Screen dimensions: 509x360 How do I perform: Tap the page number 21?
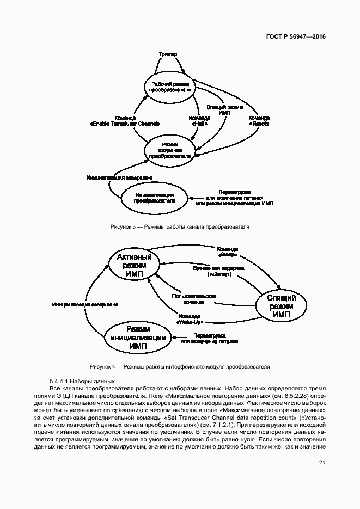tap(322, 463)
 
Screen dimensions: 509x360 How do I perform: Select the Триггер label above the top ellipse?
tap(168, 56)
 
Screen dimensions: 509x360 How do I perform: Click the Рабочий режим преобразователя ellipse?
tap(170, 87)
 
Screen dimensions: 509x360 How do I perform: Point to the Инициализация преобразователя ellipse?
tap(155, 197)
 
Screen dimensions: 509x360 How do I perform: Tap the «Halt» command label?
tap(199, 121)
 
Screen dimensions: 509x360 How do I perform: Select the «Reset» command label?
tap(259, 121)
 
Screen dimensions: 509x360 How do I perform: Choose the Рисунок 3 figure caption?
tap(180, 226)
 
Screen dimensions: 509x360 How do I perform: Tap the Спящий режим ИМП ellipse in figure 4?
tap(281, 306)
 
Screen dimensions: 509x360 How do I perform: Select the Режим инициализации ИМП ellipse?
tap(138, 338)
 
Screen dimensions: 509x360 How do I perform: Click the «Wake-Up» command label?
tap(188, 319)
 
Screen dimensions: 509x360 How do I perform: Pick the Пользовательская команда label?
tap(194, 299)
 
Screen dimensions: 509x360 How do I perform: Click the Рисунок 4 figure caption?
tap(180, 366)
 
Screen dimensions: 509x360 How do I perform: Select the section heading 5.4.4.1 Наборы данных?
tap(82, 381)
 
